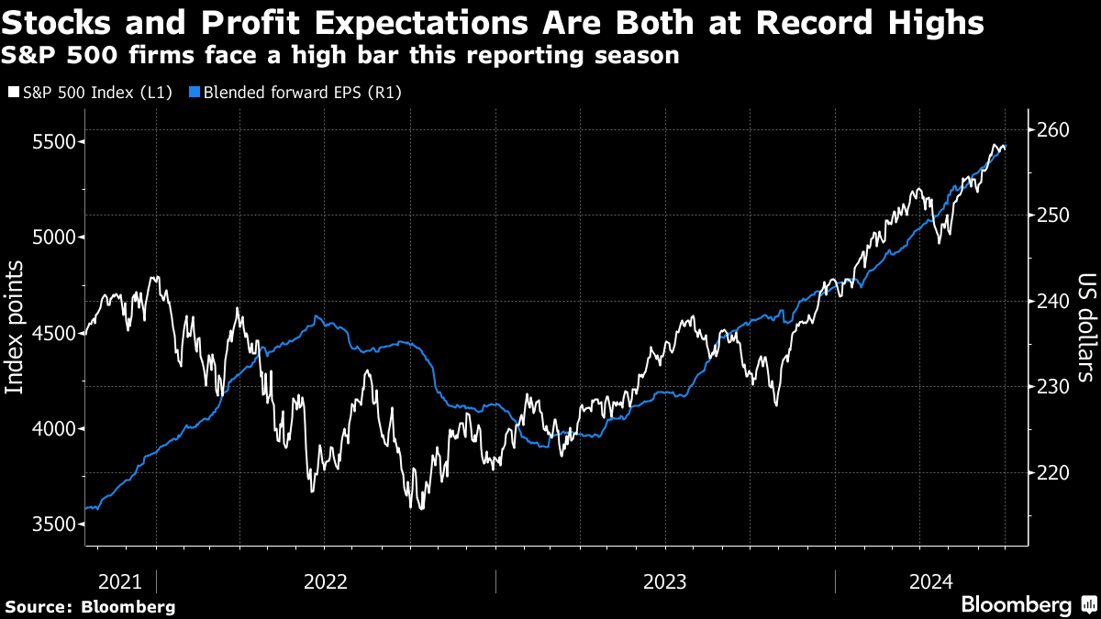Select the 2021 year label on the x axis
pyautogui.click(x=119, y=581)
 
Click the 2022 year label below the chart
pyautogui.click(x=326, y=581)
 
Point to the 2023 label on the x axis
pyautogui.click(x=665, y=581)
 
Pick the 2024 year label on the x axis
pyautogui.click(x=931, y=581)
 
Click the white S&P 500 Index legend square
pyautogui.click(x=13, y=93)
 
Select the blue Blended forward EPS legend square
pyautogui.click(x=194, y=93)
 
